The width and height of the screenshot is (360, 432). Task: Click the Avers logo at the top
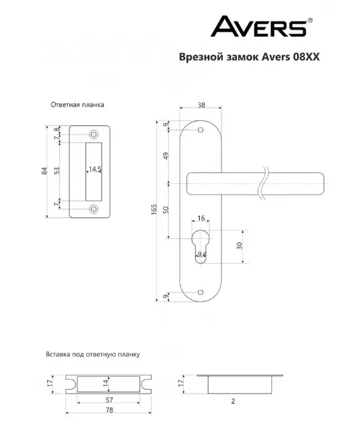tap(259, 26)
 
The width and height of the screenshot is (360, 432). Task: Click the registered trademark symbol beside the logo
tap(310, 20)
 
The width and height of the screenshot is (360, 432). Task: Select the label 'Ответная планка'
tap(77, 105)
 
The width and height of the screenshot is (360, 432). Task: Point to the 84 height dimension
tap(44, 170)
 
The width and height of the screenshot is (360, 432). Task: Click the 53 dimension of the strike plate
tap(57, 170)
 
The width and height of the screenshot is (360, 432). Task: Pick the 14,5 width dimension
tap(95, 169)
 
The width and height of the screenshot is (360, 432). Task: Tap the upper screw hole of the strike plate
tap(94, 135)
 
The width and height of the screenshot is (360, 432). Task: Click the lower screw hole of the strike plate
tap(94, 209)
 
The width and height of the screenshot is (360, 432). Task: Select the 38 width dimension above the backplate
tap(201, 105)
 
